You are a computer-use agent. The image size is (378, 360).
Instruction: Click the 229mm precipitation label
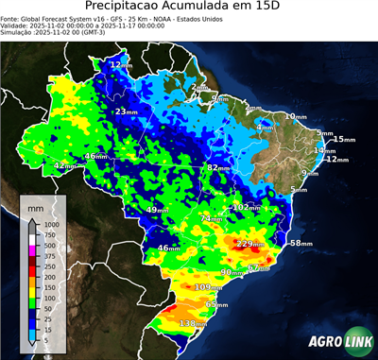point(251,244)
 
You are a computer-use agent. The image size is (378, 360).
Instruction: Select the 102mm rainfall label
point(247,207)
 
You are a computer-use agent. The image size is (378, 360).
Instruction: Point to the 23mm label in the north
point(126,112)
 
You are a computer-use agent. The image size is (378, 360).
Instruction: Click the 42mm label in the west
point(65,166)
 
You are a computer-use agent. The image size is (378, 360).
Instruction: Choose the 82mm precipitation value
point(219,167)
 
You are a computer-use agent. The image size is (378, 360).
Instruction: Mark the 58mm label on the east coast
point(301,244)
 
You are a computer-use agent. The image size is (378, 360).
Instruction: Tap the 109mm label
point(208,287)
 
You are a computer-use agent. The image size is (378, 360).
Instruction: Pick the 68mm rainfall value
point(217,305)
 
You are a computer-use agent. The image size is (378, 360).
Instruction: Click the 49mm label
point(158,210)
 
